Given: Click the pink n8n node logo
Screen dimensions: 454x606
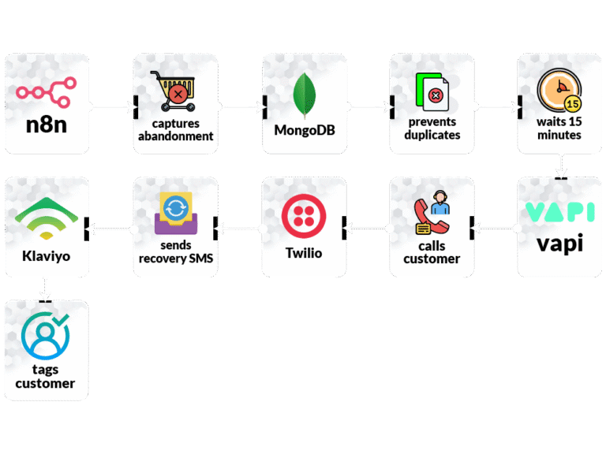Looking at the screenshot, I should (x=47, y=87).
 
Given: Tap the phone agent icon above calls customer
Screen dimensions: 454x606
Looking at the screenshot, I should (x=432, y=215).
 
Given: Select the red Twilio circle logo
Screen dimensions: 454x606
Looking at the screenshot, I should (x=304, y=216).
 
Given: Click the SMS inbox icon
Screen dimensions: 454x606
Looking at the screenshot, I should (x=174, y=214).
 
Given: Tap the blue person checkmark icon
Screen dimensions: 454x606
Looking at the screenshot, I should (x=46, y=337).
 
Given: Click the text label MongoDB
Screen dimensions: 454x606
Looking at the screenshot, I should (x=304, y=130).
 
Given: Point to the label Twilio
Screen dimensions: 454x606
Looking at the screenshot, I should (x=304, y=253).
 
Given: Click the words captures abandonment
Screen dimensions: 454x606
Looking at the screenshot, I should (x=175, y=129).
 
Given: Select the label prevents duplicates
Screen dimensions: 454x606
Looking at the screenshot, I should (x=432, y=128).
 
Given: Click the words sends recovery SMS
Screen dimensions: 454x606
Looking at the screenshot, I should (x=175, y=252).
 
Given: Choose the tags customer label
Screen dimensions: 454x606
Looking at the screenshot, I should (x=46, y=377).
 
